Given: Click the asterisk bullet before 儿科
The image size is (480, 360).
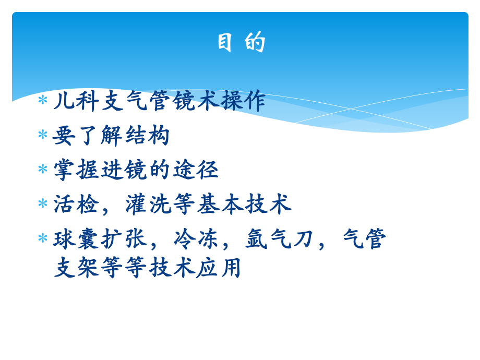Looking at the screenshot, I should tap(43, 100).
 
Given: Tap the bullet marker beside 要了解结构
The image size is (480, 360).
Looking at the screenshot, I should tap(43, 135).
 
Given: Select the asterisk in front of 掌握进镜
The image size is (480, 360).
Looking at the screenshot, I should tap(43, 170).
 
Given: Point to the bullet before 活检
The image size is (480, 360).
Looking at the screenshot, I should tap(43, 204).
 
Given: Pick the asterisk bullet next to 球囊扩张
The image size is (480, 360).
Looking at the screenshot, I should tap(43, 239).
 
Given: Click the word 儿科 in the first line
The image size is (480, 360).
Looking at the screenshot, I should tap(77, 101).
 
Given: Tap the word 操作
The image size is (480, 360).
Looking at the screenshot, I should tap(243, 101).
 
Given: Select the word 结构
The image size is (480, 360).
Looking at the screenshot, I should tap(147, 136).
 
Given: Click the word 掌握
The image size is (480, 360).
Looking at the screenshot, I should tap(77, 170).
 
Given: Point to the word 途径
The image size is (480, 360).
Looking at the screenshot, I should tap(195, 170).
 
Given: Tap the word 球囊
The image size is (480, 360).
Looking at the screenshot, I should tap(77, 239).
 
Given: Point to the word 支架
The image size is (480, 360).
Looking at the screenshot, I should tap(77, 268).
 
